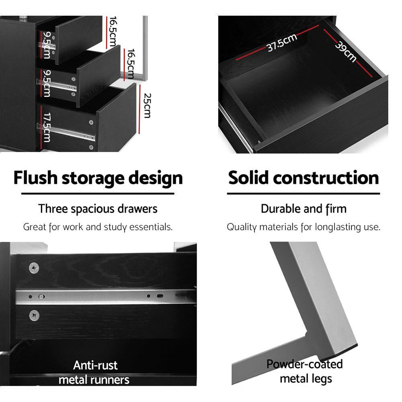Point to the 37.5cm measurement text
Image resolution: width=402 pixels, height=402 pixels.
coord(282,43)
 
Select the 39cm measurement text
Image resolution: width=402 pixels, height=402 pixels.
coord(346,51)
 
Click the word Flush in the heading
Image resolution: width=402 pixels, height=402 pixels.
coord(35,178)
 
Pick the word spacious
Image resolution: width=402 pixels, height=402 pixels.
coord(93,209)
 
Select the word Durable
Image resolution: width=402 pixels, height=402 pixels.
coord(280,209)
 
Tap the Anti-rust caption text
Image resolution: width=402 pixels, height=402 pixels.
coord(95,365)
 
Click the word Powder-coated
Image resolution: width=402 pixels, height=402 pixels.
coord(305,364)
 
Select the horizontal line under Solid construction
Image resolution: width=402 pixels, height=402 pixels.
coord(304,193)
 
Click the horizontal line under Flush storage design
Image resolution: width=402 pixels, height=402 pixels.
coord(98,193)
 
